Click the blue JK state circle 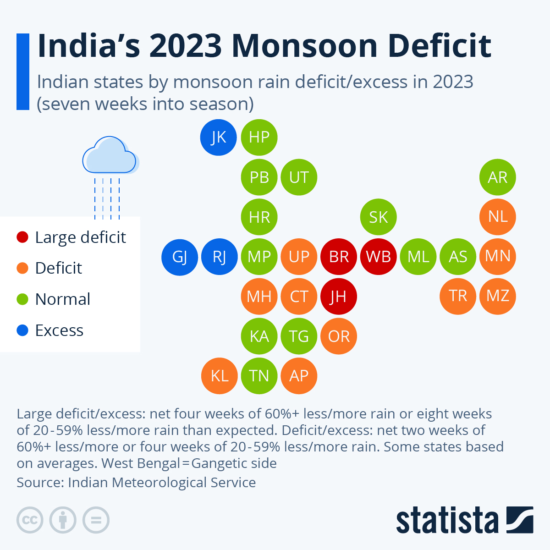(x=219, y=137)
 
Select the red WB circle (x=378, y=257)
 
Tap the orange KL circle (x=220, y=376)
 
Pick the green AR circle (x=498, y=177)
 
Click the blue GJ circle (x=180, y=257)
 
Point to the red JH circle (x=339, y=297)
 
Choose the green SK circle (x=378, y=217)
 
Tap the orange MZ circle (x=498, y=296)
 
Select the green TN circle (x=259, y=376)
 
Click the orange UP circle (x=299, y=257)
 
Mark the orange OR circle (x=339, y=336)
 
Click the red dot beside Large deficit (x=22, y=237)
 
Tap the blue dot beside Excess (x=22, y=330)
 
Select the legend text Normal (x=63, y=299)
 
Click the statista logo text (x=447, y=520)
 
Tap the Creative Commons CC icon (x=30, y=520)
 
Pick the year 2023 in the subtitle (x=453, y=82)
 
